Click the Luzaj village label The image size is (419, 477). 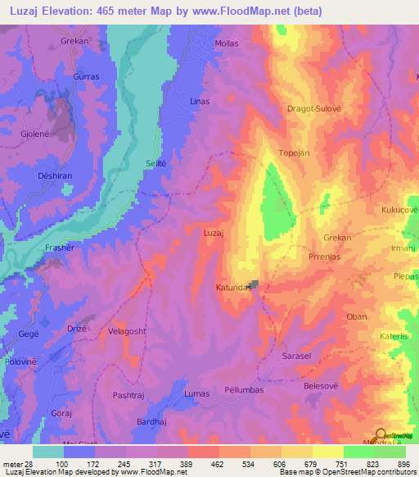214,234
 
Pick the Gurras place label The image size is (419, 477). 86,75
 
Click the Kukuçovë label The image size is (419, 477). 399,210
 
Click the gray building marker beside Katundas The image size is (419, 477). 255,285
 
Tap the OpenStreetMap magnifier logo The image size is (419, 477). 381,434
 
